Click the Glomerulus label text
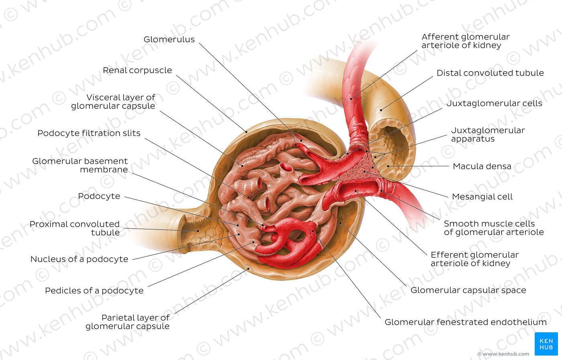[x=169, y=39]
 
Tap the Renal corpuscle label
[x=137, y=70]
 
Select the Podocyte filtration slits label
[x=89, y=133]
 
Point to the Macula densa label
[x=482, y=166]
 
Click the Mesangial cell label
[x=482, y=196]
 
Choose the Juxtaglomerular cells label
[x=494, y=103]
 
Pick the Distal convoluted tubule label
[x=490, y=73]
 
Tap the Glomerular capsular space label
[x=468, y=290]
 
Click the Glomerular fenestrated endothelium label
[x=465, y=322]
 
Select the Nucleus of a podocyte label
[x=79, y=259]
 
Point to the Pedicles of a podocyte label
[x=94, y=291]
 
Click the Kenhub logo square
[x=546, y=344]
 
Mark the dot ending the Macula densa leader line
[x=388, y=166]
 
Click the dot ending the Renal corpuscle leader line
[x=246, y=132]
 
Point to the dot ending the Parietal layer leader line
[x=248, y=268]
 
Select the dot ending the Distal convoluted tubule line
[x=381, y=110]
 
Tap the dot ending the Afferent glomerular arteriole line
[x=351, y=99]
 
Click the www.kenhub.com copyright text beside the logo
[x=503, y=354]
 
